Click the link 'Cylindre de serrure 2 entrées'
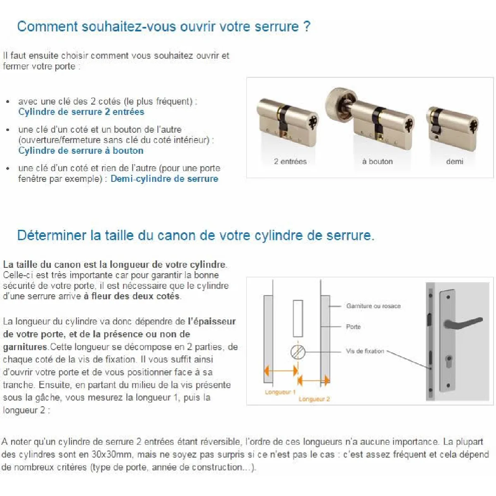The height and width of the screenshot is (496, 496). pos(81,112)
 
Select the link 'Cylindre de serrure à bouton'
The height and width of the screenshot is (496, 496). pos(81,151)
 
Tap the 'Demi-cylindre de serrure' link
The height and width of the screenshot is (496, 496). pos(164,179)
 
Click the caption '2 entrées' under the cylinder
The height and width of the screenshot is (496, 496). pos(290,162)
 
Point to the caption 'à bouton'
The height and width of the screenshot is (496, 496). pos(377,162)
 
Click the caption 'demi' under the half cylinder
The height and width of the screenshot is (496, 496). pos(454,162)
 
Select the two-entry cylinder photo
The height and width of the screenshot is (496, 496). pos(287,122)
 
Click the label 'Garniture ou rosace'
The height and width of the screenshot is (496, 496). pos(373,306)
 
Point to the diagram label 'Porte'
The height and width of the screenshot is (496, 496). pos(353,327)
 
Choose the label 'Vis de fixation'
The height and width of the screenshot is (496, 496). pos(365,351)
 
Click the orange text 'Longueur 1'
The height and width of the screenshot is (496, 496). pos(280,392)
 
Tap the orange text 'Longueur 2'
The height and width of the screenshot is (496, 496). pos(314,399)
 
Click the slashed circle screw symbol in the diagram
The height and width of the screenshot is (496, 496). pos(298,352)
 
